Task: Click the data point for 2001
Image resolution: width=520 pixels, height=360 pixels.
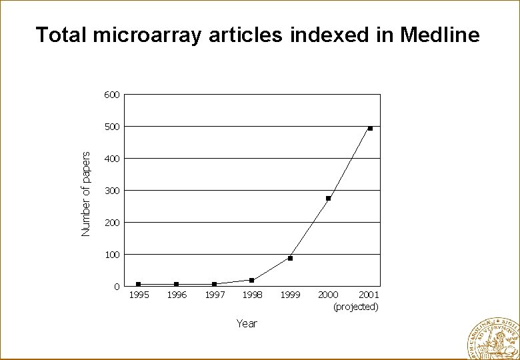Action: [x=370, y=128]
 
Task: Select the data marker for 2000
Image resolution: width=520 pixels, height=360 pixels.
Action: [x=328, y=199]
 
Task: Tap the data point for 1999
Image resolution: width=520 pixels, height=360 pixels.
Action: [x=290, y=258]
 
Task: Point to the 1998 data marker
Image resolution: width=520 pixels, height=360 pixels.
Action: [x=251, y=280]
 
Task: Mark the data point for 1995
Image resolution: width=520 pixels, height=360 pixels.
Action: [x=138, y=284]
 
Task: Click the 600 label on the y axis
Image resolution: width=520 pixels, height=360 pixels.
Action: [x=111, y=95]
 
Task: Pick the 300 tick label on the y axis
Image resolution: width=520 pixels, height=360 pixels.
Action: [x=111, y=191]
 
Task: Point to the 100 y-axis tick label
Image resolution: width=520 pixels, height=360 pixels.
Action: [x=111, y=255]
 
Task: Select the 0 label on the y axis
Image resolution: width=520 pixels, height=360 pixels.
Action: [x=117, y=287]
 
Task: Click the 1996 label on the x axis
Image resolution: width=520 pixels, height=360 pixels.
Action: [x=177, y=295]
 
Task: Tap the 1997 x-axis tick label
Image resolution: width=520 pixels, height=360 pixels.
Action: [x=215, y=295]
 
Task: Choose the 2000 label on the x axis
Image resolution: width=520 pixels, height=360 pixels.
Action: [x=328, y=295]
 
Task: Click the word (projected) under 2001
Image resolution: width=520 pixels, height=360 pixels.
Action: [x=356, y=307]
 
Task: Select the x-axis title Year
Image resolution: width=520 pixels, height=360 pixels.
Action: [x=247, y=323]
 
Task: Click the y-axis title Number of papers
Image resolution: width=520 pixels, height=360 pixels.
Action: [x=85, y=193]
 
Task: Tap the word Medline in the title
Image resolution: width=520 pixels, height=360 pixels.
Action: [x=439, y=35]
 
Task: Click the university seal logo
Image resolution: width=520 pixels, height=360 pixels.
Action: [x=494, y=338]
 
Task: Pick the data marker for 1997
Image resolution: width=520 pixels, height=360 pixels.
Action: [x=214, y=284]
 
